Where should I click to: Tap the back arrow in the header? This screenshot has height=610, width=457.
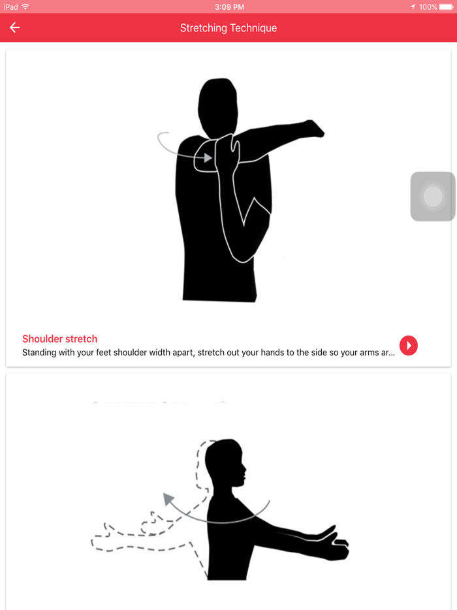[x=14, y=27]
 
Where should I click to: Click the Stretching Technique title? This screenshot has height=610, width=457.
[x=228, y=28]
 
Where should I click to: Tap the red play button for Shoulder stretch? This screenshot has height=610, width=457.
[x=409, y=345]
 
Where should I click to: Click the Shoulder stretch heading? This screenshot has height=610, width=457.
[x=59, y=339]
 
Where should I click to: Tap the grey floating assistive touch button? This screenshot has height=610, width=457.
[x=433, y=197]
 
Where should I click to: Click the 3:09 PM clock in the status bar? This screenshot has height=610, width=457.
[x=228, y=7]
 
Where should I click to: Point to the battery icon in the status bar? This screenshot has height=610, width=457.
[x=447, y=7]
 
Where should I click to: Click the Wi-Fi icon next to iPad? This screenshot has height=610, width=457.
[x=25, y=7]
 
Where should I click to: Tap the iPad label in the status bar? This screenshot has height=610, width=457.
[x=10, y=7]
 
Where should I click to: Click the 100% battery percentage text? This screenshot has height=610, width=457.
[x=428, y=7]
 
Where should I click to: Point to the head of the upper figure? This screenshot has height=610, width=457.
[x=217, y=101]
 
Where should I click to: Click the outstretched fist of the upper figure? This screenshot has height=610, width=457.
[x=314, y=128]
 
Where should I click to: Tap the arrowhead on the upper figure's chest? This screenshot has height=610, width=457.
[x=208, y=157]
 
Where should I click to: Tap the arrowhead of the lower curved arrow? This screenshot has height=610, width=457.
[x=168, y=500]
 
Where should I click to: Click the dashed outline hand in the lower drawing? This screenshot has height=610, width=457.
[x=104, y=539]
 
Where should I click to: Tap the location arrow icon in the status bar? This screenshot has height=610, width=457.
[x=413, y=7]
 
